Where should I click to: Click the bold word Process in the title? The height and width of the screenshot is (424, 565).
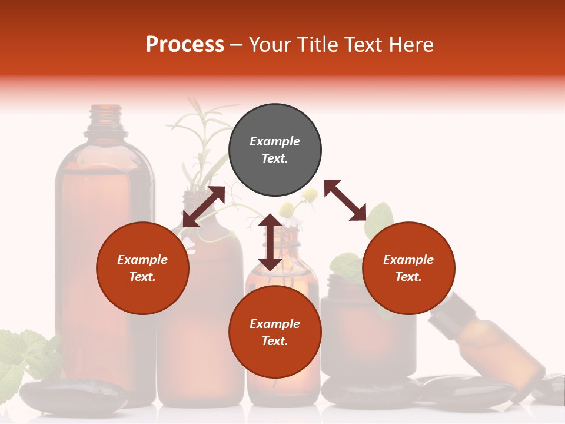pos(185,45)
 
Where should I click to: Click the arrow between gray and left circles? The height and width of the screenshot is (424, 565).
pos(204,207)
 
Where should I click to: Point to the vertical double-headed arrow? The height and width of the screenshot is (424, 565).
pos(270,242)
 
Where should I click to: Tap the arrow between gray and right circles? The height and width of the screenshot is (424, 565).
pos(345,200)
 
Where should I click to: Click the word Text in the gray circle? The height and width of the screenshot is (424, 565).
pos(274,158)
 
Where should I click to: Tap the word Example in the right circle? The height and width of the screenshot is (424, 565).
pos(408,260)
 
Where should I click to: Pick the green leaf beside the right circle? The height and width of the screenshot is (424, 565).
pos(381,219)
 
